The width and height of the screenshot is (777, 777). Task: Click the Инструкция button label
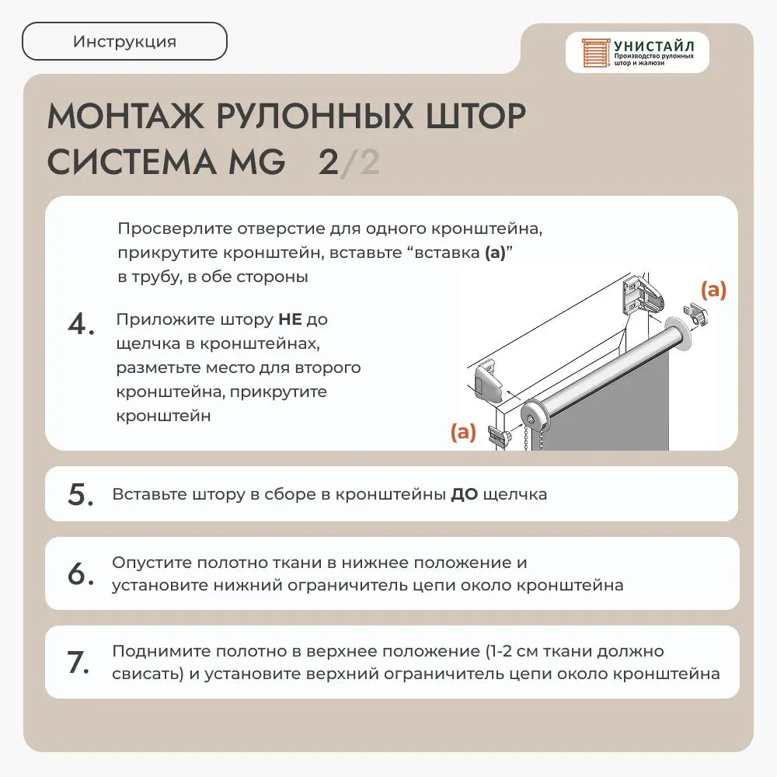[124, 42]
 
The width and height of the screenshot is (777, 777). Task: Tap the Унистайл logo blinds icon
[595, 53]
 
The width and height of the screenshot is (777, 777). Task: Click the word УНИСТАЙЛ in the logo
[653, 47]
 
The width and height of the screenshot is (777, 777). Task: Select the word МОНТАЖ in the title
[125, 117]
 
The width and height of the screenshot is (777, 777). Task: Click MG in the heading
[256, 162]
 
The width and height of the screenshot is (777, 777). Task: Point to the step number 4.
[81, 325]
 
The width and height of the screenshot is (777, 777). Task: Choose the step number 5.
[80, 494]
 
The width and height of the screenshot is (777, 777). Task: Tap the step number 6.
[80, 573]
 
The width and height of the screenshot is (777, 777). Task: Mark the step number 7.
[78, 663]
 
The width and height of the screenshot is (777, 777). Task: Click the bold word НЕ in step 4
[290, 319]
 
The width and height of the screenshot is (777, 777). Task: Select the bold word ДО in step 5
[465, 494]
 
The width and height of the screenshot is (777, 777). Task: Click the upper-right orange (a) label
[713, 290]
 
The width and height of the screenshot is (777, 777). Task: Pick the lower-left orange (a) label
[463, 432]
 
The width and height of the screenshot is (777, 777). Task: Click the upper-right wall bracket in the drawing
[643, 296]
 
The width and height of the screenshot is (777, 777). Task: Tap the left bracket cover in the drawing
[489, 381]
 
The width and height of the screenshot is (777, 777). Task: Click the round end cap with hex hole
[535, 420]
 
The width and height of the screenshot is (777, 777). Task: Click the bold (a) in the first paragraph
[495, 253]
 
